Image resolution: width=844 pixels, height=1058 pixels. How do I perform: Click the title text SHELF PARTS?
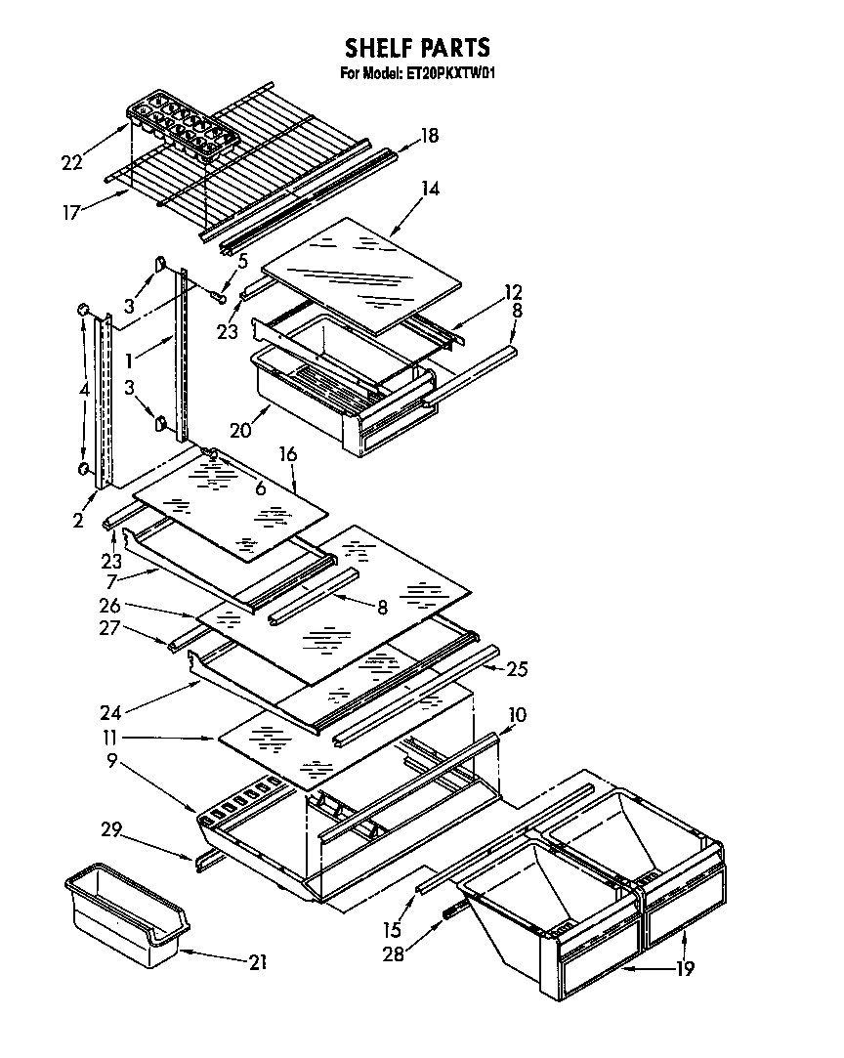[417, 47]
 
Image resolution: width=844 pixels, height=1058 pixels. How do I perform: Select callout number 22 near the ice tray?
[71, 162]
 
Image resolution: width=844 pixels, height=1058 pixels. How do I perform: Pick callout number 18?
[429, 137]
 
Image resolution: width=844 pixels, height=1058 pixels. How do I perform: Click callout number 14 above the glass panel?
[429, 190]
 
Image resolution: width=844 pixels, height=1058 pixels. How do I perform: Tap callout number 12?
[513, 291]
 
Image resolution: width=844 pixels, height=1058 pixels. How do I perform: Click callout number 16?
[287, 454]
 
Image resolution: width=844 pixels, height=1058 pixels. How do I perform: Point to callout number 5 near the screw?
[242, 261]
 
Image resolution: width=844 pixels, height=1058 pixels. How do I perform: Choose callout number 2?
[78, 521]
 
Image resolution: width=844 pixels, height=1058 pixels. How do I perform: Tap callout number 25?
[517, 669]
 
